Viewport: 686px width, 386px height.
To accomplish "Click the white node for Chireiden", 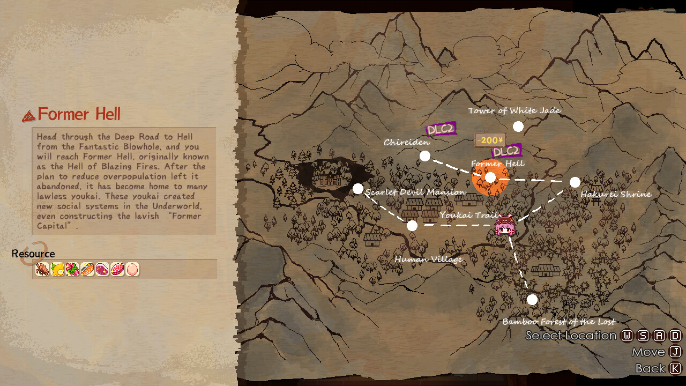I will point(425,156).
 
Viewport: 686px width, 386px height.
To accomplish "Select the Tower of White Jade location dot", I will point(518,127).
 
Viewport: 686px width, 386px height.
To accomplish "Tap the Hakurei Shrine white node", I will point(575,182).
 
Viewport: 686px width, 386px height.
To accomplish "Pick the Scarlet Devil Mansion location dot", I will point(358,189).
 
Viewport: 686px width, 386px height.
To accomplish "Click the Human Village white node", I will point(412,226).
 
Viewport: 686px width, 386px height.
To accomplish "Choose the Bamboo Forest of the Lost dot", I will point(532,300).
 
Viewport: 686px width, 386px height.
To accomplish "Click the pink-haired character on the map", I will point(505,226).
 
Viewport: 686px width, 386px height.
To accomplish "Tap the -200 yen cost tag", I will point(490,140).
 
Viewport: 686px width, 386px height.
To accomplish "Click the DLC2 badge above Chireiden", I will point(441,129).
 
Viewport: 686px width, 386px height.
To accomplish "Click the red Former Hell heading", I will point(79,114).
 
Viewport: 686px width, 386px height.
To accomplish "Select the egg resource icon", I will point(132,269).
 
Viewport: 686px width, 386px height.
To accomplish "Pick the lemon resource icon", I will point(57,269).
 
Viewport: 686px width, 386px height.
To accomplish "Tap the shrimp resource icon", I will point(42,269).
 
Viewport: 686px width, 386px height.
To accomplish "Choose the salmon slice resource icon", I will point(87,269).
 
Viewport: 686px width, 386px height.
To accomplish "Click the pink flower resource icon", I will point(72,269).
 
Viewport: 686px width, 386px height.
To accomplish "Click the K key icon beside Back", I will point(675,368).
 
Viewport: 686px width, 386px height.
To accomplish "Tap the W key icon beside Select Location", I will point(627,336).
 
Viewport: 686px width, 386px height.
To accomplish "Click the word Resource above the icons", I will point(33,254).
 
